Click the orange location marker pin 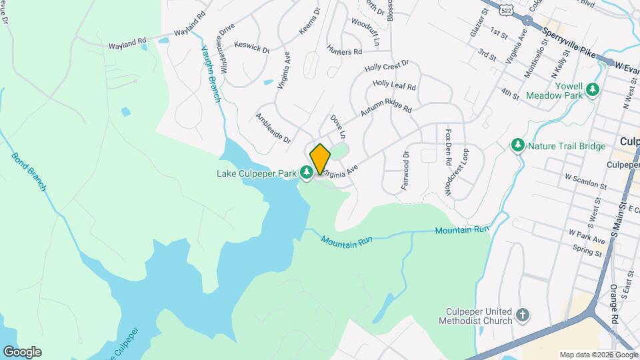320,159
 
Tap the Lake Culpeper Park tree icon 307,174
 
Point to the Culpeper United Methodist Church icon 523,315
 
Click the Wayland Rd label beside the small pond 127,43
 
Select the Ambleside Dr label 273,128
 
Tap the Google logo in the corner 22,352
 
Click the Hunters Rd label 344,51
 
